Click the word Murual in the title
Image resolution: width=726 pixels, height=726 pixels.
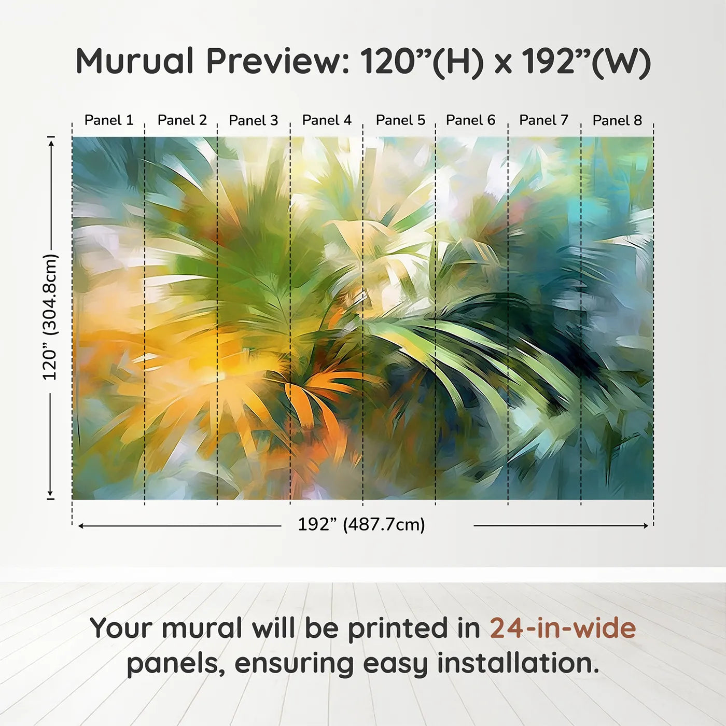coord(135,61)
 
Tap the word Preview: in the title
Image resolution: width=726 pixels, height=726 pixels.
coord(274,61)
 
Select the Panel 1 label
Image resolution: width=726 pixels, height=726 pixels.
coord(109,120)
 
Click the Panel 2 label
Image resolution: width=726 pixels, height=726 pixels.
coord(183,120)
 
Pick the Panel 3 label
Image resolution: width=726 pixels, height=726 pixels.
coord(254,120)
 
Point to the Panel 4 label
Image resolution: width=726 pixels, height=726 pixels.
coord(327,120)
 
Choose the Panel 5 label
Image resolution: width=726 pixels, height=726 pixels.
coord(400,120)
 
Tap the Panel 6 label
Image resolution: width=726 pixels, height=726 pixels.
coord(470,120)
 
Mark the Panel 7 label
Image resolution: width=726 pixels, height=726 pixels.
coord(543,120)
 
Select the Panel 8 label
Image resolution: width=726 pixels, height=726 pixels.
coord(617,120)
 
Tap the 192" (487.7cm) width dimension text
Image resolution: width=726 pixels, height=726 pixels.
coord(361,524)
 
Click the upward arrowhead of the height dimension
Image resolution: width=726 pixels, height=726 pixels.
coord(51,143)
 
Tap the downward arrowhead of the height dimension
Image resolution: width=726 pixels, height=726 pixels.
coord(50,493)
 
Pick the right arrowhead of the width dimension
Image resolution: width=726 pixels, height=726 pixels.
coord(645,525)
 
